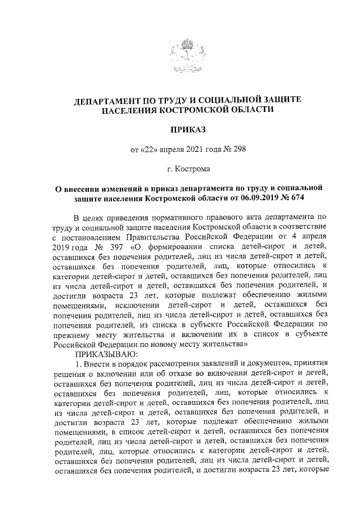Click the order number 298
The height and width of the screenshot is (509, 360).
[238, 149]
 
